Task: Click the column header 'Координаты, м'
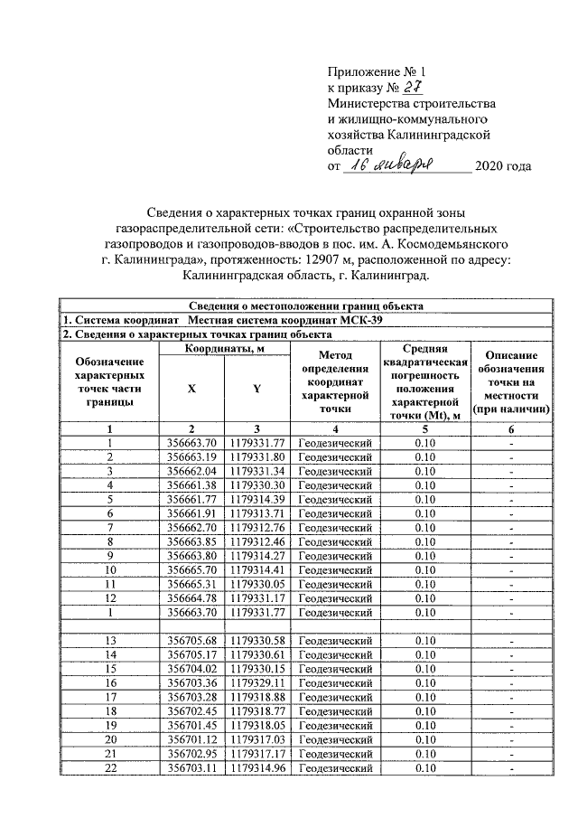click(x=224, y=348)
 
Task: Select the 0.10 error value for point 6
click(x=423, y=512)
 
